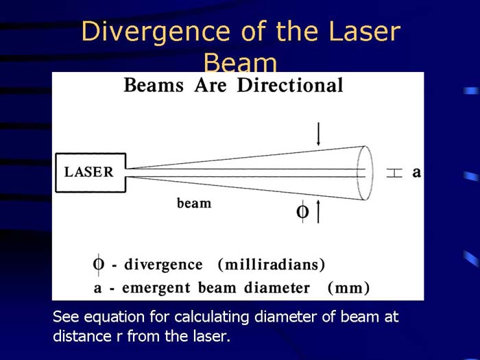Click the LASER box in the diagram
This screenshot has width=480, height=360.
pyautogui.click(x=90, y=172)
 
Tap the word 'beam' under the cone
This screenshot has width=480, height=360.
pyautogui.click(x=194, y=203)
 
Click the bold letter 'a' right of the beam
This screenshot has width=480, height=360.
pyautogui.click(x=416, y=173)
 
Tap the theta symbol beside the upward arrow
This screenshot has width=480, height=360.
pyautogui.click(x=302, y=212)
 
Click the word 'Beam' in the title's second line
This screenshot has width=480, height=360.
pyautogui.click(x=240, y=64)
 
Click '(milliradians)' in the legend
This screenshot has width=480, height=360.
pyautogui.click(x=271, y=265)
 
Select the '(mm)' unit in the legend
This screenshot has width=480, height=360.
pyautogui.click(x=349, y=288)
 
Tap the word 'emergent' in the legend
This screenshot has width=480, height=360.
pyautogui.click(x=143, y=288)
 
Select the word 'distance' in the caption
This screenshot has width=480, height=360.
pyautogui.click(x=77, y=337)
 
